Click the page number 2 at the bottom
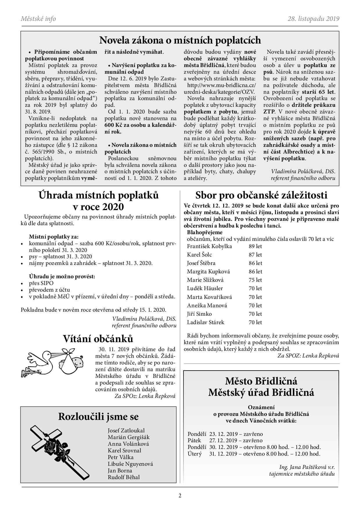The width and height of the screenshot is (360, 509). coord(180,495)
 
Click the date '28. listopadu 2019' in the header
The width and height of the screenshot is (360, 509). coord(314,19)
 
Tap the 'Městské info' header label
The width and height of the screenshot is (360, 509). coord(38,19)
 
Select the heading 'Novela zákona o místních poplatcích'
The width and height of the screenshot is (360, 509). coord(180,40)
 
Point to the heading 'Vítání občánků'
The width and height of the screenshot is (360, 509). coord(98,339)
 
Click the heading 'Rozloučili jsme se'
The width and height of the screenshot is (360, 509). coord(98,416)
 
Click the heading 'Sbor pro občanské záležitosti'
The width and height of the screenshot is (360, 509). coord(261,195)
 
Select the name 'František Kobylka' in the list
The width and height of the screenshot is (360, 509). coord(209,246)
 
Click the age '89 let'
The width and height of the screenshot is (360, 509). coord(255,246)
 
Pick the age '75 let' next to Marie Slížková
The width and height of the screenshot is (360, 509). coord(255,280)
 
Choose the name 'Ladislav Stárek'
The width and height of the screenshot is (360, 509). coord(206,322)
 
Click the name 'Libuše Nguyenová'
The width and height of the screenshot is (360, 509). coord(130,464)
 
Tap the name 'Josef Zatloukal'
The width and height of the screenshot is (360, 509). coord(126,430)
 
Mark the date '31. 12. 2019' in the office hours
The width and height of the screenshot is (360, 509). coord(223,454)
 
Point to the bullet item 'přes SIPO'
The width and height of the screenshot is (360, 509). coord(41,283)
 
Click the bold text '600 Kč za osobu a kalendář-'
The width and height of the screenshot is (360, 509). coord(141,125)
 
